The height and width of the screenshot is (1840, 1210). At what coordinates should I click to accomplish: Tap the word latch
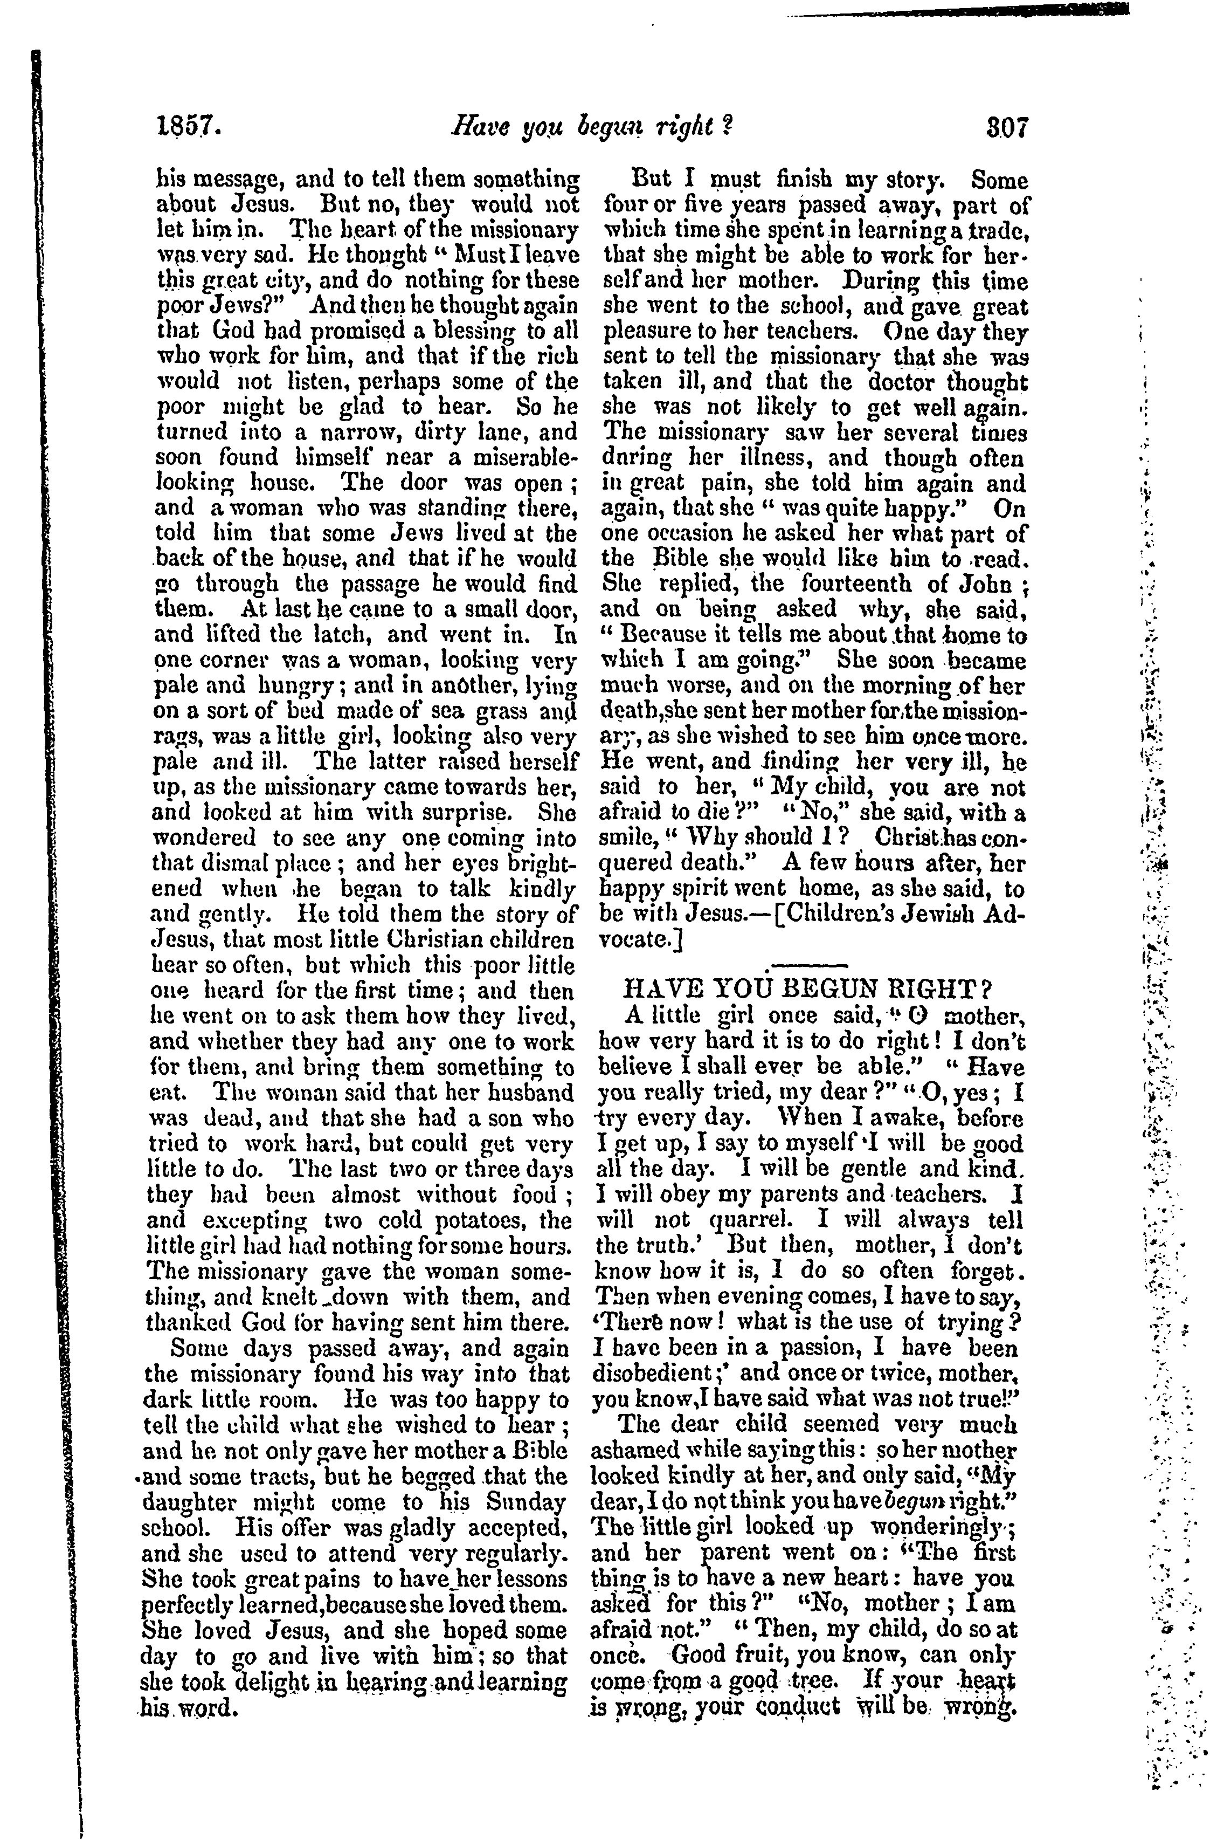367,635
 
